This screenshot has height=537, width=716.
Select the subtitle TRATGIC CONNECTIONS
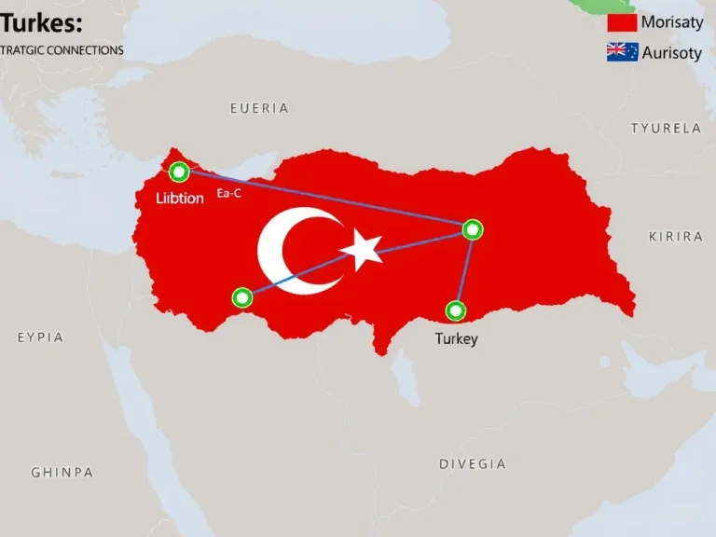pyautogui.click(x=62, y=50)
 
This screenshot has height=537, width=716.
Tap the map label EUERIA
pyautogui.click(x=259, y=108)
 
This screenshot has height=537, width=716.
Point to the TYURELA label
pyautogui.click(x=666, y=129)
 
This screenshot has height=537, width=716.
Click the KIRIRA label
pyautogui.click(x=676, y=237)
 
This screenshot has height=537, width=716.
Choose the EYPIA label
pyautogui.click(x=41, y=337)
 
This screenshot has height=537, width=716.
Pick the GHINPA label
pyautogui.click(x=62, y=473)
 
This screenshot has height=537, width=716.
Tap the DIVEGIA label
pyautogui.click(x=473, y=463)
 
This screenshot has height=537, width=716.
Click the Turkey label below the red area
pyautogui.click(x=456, y=338)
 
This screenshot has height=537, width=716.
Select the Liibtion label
pyautogui.click(x=179, y=199)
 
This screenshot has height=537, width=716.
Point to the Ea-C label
pyautogui.click(x=229, y=193)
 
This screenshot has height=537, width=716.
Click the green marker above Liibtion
pyautogui.click(x=179, y=172)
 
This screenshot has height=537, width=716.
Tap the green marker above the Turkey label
pyautogui.click(x=455, y=310)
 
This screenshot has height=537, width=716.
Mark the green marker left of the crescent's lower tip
pyautogui.click(x=242, y=297)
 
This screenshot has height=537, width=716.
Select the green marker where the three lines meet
pyautogui.click(x=473, y=228)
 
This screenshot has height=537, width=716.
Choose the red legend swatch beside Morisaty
pyautogui.click(x=622, y=23)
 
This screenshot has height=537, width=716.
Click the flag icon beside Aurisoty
pyautogui.click(x=622, y=52)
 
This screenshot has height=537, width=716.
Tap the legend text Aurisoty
pyautogui.click(x=671, y=53)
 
